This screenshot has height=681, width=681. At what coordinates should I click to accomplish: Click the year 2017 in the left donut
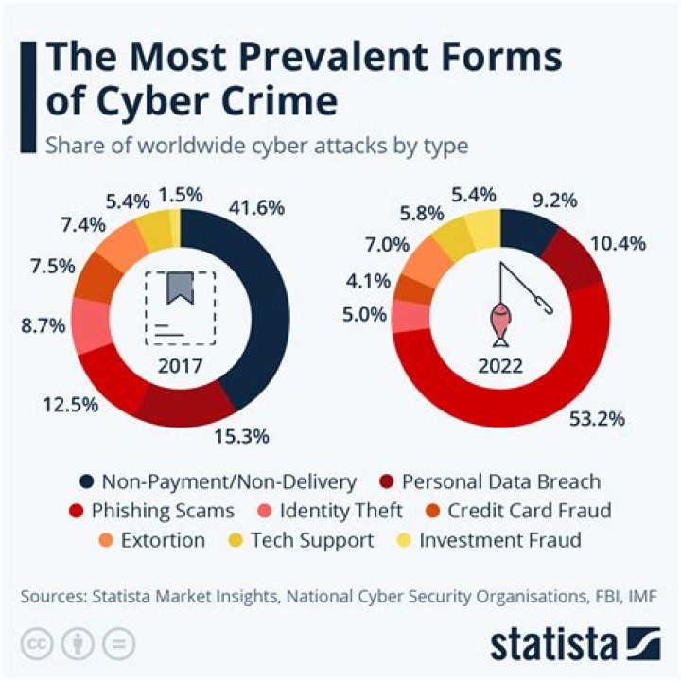point(180,365)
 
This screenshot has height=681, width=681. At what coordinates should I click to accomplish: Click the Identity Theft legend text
point(341,511)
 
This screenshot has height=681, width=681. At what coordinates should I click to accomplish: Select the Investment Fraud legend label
point(500,541)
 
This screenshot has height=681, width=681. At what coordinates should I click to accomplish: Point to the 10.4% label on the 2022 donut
point(620,243)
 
